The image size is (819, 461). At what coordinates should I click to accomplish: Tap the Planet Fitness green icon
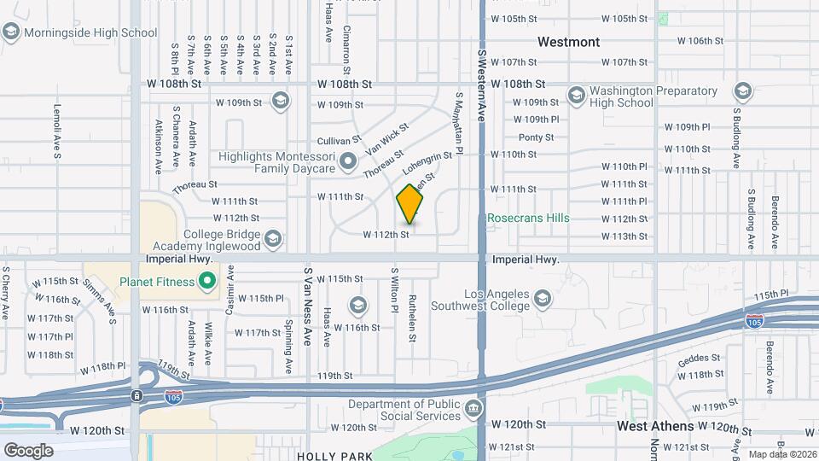point(206,279)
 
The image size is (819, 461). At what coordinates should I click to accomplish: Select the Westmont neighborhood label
point(568,42)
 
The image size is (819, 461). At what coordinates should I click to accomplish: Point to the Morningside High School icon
point(11,32)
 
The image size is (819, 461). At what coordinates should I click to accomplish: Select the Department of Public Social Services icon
point(473,411)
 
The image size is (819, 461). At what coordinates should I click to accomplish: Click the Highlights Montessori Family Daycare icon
point(347,160)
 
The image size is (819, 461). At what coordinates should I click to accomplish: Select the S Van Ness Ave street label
point(307,306)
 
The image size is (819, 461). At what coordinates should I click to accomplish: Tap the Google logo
point(29,449)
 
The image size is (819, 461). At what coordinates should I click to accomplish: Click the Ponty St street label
point(536,137)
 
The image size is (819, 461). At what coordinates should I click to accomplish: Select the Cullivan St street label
point(334,139)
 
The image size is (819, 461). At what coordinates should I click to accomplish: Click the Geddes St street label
point(699,359)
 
